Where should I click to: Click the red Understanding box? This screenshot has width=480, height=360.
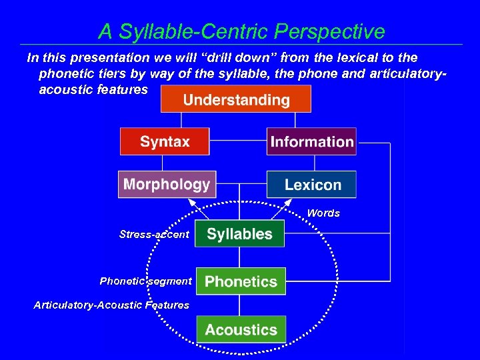[236, 99]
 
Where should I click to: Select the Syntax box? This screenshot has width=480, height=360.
[165, 141]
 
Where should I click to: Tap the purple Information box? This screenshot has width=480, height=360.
[311, 141]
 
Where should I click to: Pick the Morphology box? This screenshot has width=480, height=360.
[166, 184]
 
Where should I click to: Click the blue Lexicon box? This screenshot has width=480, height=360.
[311, 185]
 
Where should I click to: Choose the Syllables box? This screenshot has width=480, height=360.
[239, 234]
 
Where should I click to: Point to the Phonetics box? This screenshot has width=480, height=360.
[241, 281]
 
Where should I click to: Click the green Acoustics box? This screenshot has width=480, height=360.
[241, 329]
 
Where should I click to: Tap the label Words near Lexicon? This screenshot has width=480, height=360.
[323, 213]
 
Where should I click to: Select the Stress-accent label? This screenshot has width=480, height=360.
[154, 234]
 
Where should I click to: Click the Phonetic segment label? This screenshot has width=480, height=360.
[145, 281]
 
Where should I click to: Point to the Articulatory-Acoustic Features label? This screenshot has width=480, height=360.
[111, 305]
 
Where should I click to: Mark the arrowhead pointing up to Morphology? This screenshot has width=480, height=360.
[194, 201]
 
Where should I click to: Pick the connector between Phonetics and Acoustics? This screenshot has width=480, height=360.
[241, 305]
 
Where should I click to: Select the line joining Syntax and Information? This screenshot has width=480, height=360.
[238, 141]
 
